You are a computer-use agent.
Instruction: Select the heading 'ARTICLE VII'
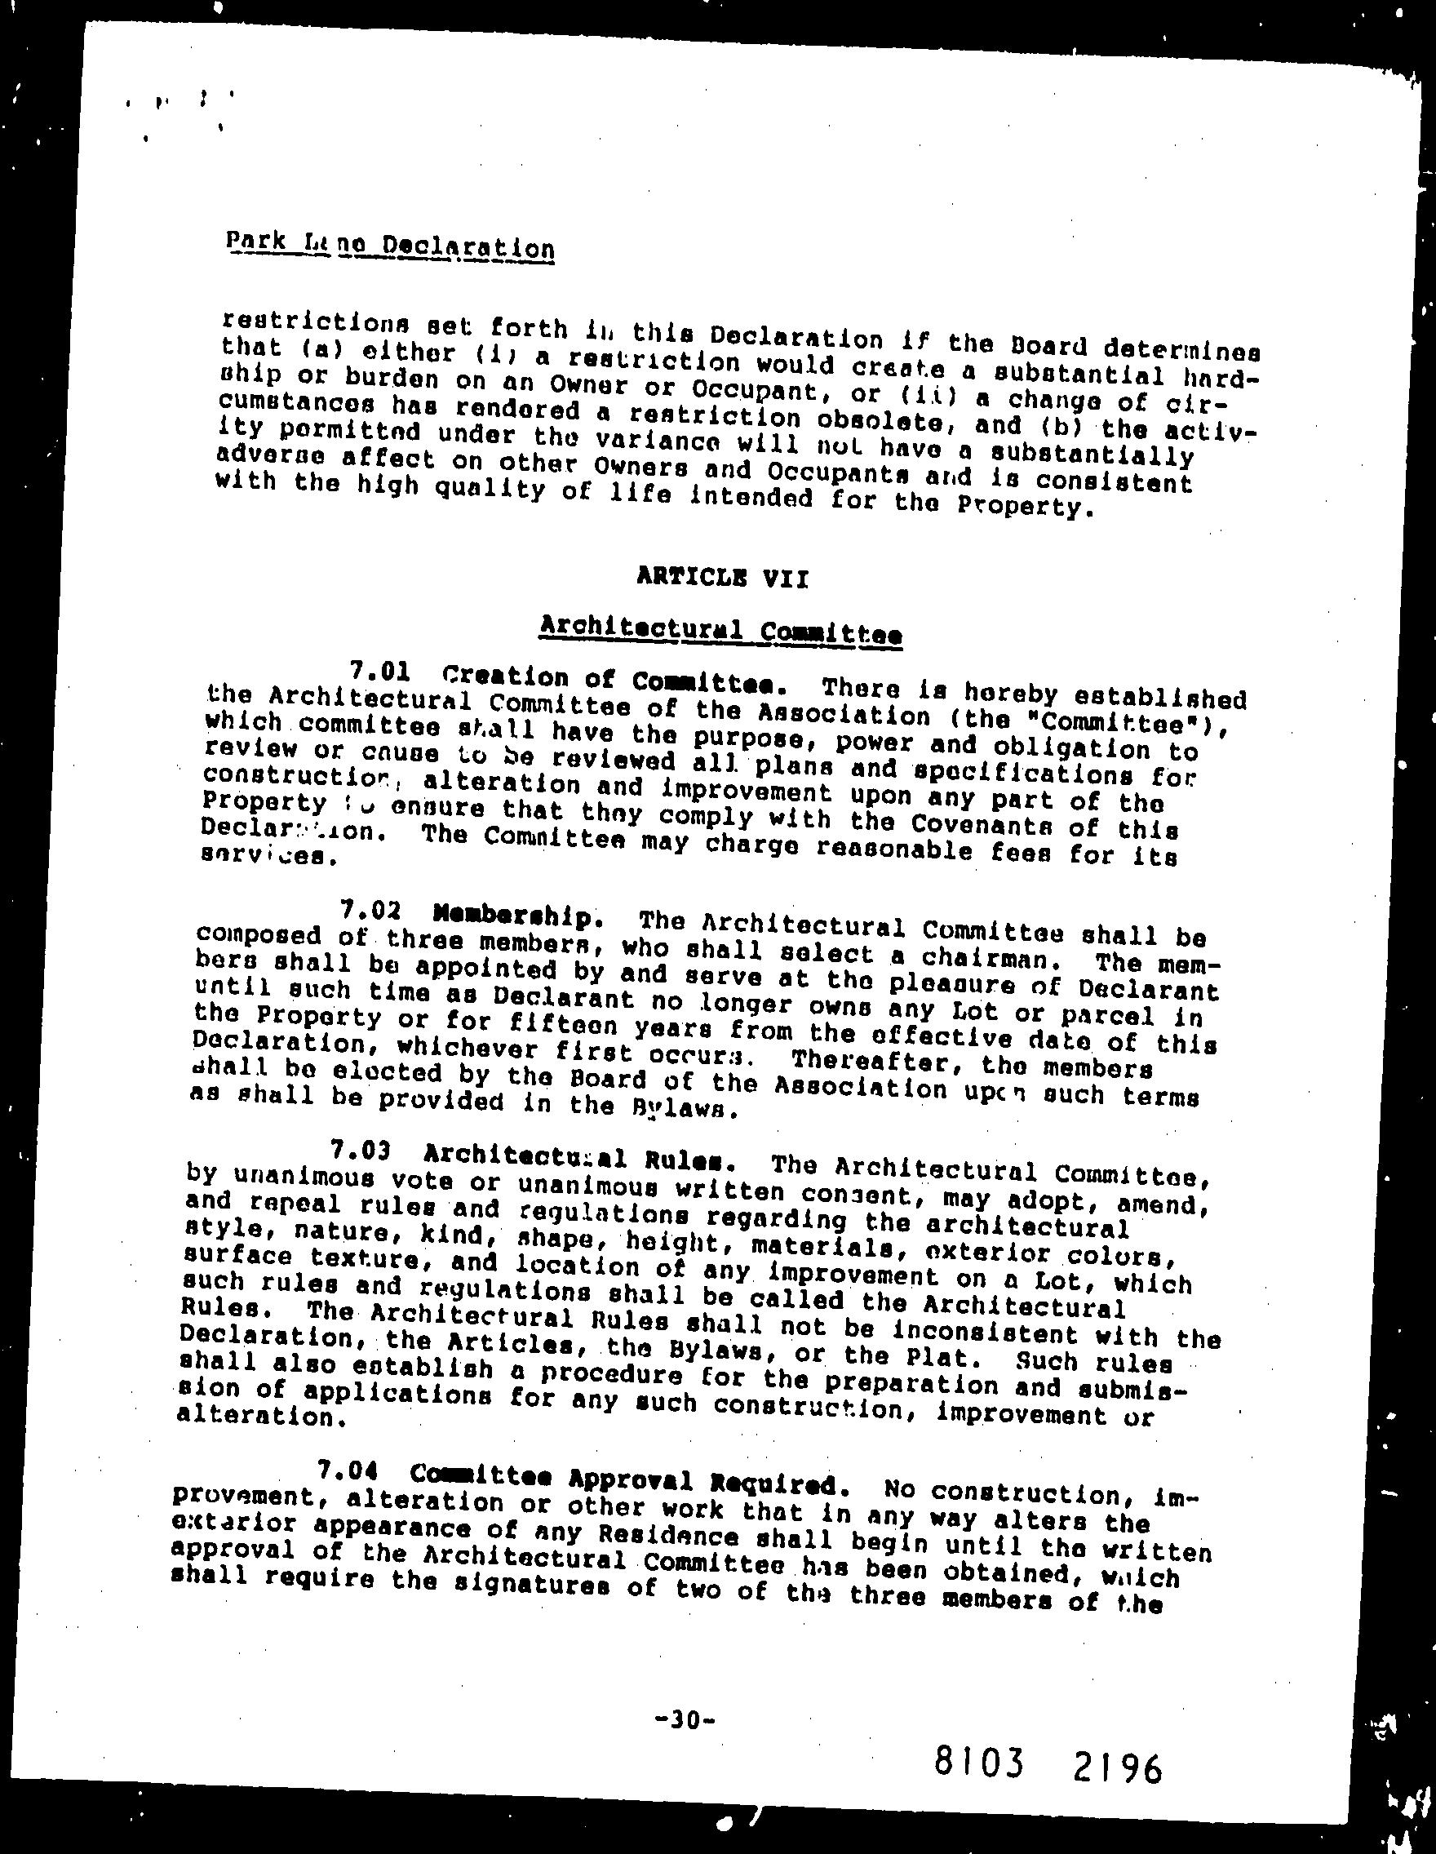pos(722,579)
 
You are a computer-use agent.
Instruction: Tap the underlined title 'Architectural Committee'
pos(720,631)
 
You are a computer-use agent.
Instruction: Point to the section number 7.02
pos(369,911)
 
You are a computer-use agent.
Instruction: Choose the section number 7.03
pos(361,1151)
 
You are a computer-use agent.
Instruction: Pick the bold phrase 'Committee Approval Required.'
pos(629,1479)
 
